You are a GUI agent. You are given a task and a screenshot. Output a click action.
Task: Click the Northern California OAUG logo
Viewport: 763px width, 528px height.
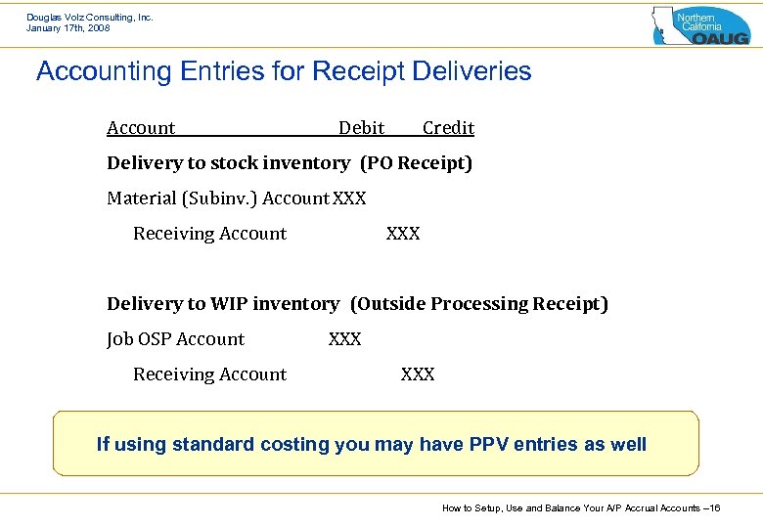point(700,25)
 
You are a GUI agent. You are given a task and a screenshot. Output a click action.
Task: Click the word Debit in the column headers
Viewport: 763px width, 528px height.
point(361,128)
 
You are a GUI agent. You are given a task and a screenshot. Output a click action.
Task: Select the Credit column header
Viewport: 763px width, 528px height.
point(448,128)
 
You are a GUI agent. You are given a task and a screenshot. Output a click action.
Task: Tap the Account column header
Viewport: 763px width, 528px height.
point(141,128)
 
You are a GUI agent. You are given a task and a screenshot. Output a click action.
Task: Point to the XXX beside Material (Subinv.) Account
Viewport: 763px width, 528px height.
point(349,198)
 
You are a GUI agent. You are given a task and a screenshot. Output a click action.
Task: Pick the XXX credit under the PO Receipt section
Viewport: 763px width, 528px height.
point(403,234)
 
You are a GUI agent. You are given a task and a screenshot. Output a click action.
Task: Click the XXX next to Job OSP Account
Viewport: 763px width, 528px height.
point(344,339)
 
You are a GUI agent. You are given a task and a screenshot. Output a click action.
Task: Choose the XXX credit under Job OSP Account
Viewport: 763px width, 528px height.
point(418,374)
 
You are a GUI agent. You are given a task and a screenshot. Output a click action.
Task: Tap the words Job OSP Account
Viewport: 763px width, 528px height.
point(176,339)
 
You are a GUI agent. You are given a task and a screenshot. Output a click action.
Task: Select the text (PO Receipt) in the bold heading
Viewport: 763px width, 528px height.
point(416,163)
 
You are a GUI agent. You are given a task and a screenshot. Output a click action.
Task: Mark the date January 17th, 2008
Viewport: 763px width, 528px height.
point(68,28)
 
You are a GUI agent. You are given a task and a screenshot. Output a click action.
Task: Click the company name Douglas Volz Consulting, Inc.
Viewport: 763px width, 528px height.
point(90,17)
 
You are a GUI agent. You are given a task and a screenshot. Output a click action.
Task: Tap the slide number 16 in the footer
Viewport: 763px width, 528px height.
point(714,508)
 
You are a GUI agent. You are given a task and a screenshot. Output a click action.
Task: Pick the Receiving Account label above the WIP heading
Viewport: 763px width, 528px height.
point(209,234)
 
